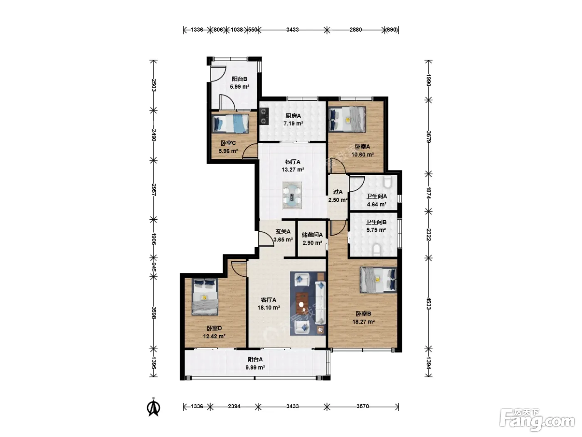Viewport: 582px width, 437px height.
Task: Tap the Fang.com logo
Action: coord(537,420)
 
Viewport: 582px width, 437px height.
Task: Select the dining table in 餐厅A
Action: coord(292,195)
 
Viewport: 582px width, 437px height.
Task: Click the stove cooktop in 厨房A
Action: coord(264,116)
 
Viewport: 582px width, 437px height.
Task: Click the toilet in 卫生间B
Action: coord(377,250)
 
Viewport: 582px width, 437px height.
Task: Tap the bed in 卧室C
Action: coord(230,123)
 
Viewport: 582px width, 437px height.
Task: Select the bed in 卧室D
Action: coord(205,296)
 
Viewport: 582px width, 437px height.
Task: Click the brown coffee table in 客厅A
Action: coord(302,303)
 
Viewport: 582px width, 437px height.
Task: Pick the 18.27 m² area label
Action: coord(363,322)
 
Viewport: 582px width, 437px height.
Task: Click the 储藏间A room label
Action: coord(312,235)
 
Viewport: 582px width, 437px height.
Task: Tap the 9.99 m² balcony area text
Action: coord(255,367)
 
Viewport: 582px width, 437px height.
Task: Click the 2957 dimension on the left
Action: coord(153,189)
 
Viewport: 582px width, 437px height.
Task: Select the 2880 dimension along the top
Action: coord(355,30)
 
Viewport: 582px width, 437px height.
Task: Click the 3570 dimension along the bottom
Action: coord(363,406)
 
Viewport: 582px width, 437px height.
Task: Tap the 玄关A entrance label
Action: coord(283,232)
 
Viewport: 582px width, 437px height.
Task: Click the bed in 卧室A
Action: coord(347,119)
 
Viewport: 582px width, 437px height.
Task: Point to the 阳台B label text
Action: coord(239,79)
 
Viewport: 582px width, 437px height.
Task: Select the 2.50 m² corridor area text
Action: coord(338,200)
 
